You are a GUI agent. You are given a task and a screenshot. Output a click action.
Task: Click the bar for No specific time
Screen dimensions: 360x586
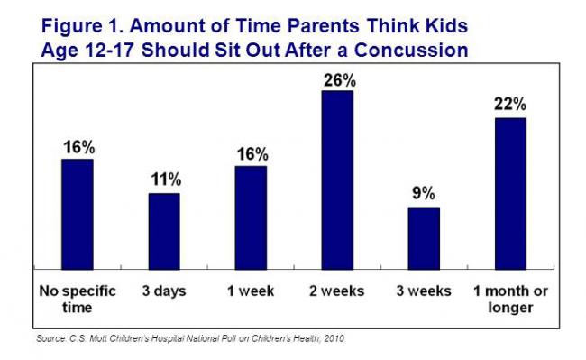(x=78, y=214)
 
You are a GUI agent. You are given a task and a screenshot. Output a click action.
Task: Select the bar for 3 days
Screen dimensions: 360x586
(x=164, y=231)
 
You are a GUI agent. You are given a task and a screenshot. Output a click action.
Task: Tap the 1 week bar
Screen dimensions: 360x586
(x=251, y=217)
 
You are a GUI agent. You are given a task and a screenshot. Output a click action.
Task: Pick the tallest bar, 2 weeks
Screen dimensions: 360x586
(x=337, y=180)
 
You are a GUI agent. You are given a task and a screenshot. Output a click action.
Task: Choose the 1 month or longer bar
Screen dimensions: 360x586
(x=510, y=193)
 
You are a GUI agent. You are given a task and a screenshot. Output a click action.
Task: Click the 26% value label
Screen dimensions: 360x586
(x=338, y=80)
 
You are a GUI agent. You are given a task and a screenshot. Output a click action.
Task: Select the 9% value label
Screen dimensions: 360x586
(x=425, y=193)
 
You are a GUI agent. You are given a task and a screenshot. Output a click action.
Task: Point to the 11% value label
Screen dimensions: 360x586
(x=165, y=180)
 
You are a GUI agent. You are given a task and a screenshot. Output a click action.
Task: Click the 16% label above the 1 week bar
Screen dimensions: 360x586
(x=252, y=153)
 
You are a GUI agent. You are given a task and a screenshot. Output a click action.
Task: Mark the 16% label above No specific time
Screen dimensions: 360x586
(x=78, y=146)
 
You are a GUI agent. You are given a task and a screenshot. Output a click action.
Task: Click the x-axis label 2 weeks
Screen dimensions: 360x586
(x=337, y=291)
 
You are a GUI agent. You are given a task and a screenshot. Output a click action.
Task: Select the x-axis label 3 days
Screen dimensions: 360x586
(x=164, y=291)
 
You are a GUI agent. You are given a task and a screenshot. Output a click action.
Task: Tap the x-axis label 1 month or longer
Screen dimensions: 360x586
(x=510, y=299)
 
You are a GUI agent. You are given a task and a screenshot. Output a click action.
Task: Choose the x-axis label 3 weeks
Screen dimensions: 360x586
(x=424, y=291)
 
